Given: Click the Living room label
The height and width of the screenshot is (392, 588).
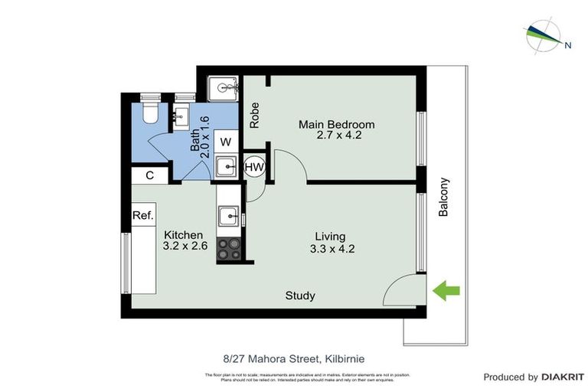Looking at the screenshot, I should tap(330, 236).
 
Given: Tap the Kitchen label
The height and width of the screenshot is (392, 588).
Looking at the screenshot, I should tap(183, 234).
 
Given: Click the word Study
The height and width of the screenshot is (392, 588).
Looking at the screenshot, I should tap(300, 296).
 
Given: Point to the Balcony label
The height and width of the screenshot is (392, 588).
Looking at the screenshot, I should tap(443, 198).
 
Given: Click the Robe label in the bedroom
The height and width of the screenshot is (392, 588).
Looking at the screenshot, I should tap(254, 115).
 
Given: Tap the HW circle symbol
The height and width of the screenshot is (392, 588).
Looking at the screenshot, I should tap(254, 166).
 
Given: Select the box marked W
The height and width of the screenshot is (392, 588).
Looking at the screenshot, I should tap(226, 142).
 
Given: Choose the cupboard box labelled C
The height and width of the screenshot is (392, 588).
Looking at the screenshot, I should tap(150, 175).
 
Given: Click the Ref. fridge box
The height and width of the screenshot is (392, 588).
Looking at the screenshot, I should tap(143, 215).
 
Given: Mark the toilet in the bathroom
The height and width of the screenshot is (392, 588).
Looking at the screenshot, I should tap(150, 112).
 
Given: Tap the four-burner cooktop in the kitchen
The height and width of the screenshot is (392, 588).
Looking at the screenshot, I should tap(228, 249).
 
